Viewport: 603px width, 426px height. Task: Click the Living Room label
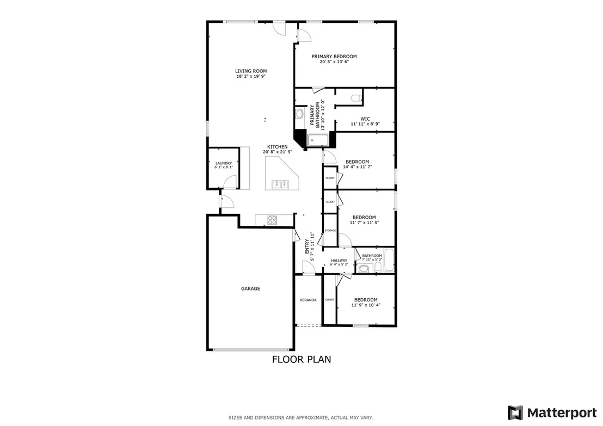click(251, 71)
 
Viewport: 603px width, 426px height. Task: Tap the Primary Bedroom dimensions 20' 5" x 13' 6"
click(334, 61)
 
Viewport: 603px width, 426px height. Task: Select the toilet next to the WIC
click(356, 97)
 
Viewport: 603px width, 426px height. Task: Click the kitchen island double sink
click(280, 184)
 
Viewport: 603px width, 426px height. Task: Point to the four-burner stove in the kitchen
click(272, 220)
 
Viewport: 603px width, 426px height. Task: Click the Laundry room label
click(224, 163)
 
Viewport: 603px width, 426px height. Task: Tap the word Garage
click(250, 288)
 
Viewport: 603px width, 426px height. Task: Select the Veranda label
click(308, 300)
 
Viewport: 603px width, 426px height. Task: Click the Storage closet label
click(330, 230)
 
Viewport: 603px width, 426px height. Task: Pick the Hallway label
click(339, 260)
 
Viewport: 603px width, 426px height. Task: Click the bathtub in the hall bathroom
click(389, 261)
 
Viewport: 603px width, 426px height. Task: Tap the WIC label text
click(365, 119)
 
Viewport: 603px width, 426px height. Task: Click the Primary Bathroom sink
click(299, 114)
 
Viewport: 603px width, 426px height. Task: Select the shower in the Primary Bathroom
click(318, 140)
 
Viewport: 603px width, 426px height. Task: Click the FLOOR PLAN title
click(301, 359)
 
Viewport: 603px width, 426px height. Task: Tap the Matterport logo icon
click(515, 413)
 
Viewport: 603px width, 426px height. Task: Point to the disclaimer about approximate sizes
click(300, 417)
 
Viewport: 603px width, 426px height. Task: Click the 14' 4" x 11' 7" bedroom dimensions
click(357, 167)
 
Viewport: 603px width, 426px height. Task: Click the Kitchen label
click(277, 147)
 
